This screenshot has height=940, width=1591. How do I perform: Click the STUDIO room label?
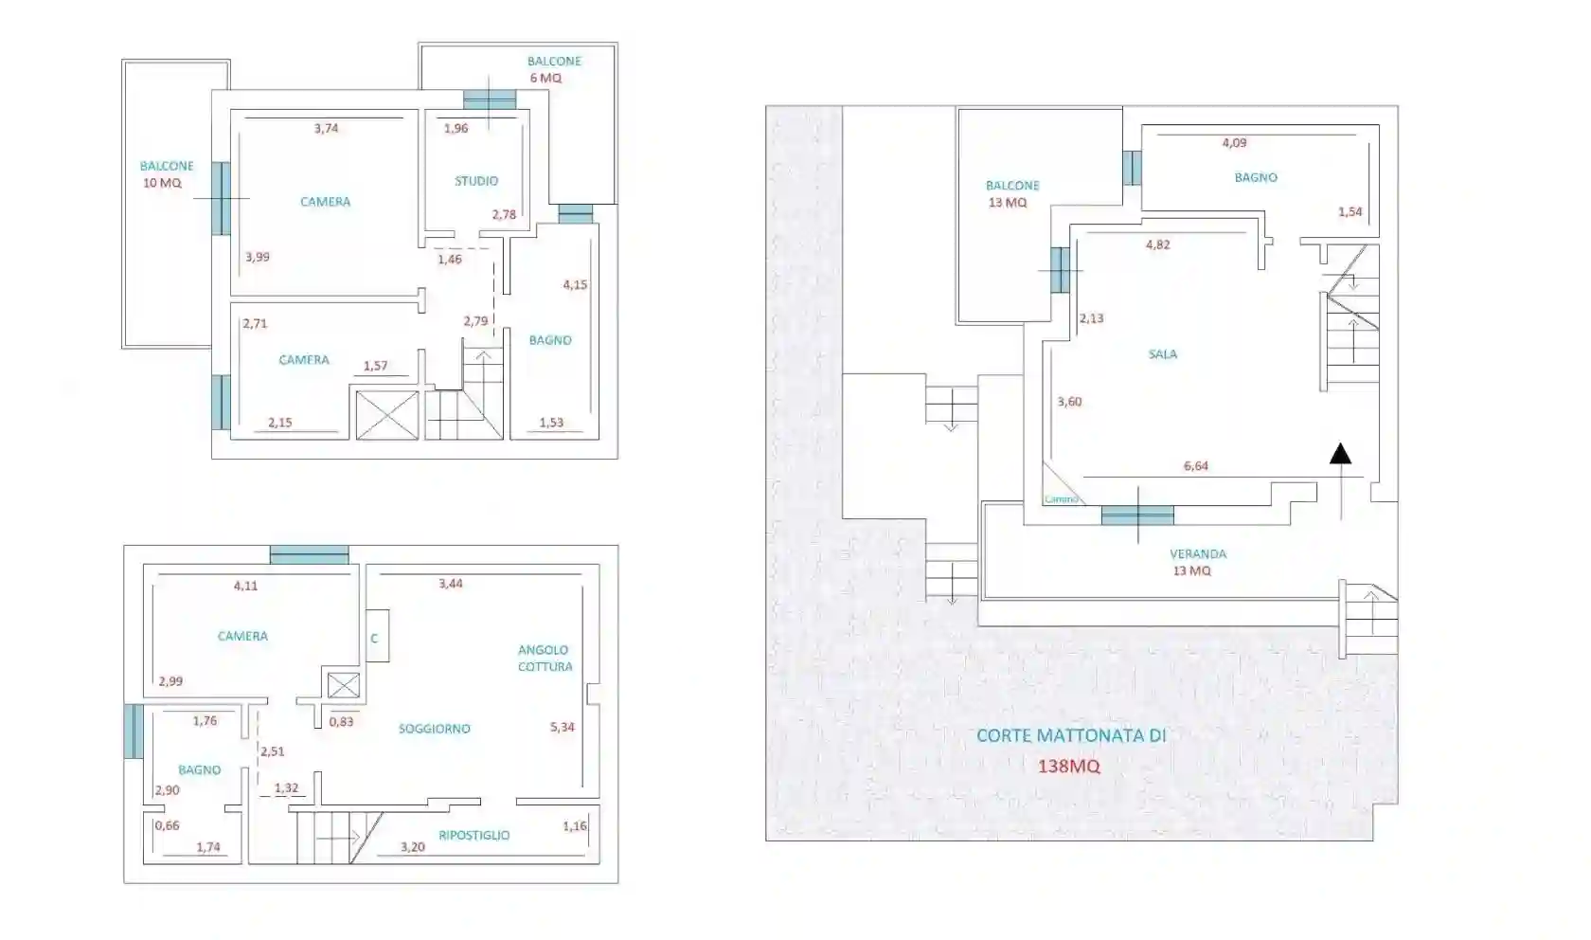coord(475,181)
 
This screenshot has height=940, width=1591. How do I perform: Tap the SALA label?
coord(1162,354)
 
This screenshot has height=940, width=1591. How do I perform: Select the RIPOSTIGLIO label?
coord(474,836)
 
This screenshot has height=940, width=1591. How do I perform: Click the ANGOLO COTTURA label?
coord(545,659)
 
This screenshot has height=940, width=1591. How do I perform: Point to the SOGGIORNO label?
coord(434,729)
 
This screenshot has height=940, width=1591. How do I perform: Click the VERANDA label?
coord(1197,554)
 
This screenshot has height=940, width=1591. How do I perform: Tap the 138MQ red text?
coord(1069,767)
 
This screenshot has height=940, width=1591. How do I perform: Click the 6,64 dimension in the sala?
coord(1195,466)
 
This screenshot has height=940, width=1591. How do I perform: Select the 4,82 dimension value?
coord(1157,244)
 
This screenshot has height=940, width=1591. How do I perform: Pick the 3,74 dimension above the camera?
coord(326,129)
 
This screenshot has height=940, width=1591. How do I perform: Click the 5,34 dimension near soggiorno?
coord(563,728)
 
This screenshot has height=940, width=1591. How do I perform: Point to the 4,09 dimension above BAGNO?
coord(1234,143)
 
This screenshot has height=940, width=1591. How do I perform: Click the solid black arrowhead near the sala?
coord(1340,454)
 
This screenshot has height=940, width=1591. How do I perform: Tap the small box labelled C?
coord(375,638)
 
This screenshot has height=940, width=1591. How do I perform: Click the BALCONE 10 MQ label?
coord(166,174)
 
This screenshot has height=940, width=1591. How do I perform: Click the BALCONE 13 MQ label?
coord(1010,194)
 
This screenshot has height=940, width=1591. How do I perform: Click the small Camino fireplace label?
coord(1061,499)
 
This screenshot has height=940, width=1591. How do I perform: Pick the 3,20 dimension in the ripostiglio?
coord(412,847)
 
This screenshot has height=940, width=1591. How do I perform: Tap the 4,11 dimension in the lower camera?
coord(245,587)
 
